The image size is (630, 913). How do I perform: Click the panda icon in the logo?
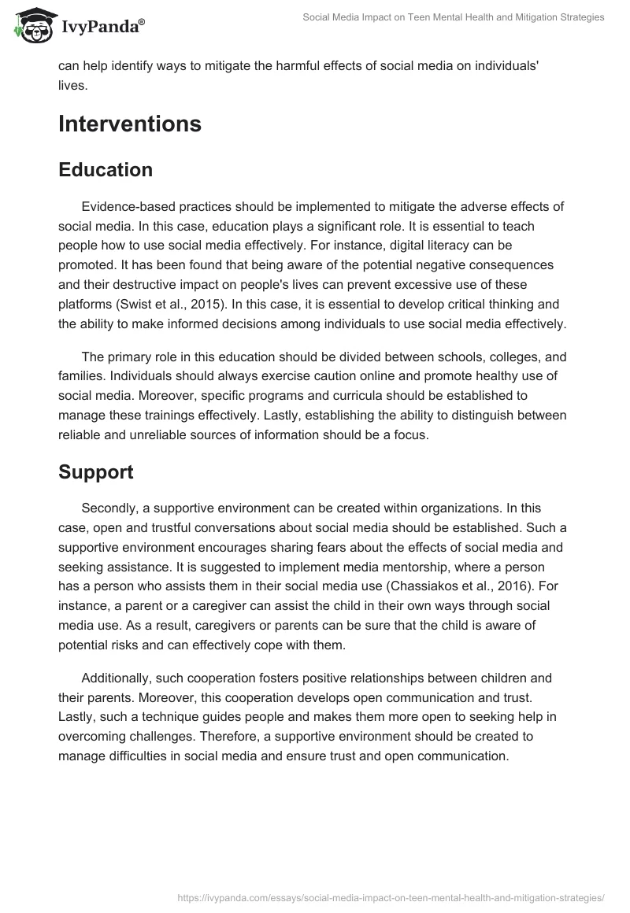click(31, 27)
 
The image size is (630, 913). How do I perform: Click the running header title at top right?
click(454, 17)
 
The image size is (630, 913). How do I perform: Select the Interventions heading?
click(130, 124)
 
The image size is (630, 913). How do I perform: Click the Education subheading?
click(106, 170)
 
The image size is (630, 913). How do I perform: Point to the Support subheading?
click(96, 472)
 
